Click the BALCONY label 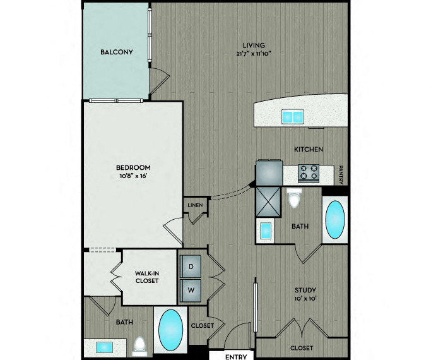click(117, 52)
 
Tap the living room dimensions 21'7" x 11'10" click(254, 54)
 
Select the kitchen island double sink click(293, 116)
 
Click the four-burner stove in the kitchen click(309, 173)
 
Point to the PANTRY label click(341, 175)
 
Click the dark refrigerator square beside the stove click(269, 172)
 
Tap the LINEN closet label click(196, 205)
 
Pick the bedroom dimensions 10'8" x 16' click(133, 176)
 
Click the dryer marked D click(191, 267)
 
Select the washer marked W click(191, 290)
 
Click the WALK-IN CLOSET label click(147, 277)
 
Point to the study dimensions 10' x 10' click(305, 298)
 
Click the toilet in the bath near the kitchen click(294, 198)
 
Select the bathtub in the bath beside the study click(335, 219)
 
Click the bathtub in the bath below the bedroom click(170, 330)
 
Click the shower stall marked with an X click(268, 201)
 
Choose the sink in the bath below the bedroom click(105, 347)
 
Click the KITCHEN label click(309, 149)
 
